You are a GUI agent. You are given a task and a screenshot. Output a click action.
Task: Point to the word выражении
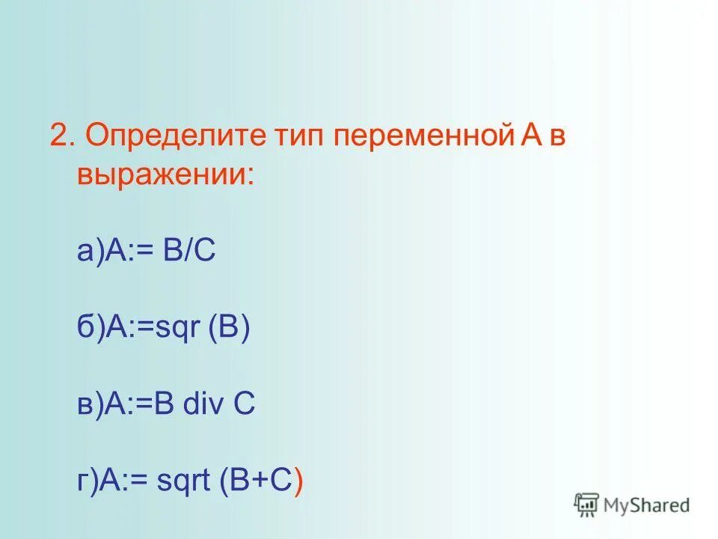point(164,175)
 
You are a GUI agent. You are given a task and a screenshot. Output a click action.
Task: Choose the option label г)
point(88,481)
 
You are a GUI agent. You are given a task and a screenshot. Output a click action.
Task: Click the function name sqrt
point(183,481)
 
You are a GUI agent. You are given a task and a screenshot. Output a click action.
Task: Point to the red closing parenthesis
point(299,481)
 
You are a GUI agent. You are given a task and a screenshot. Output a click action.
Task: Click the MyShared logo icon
point(586,505)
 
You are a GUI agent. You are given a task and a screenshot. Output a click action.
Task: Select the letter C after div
point(245,405)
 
